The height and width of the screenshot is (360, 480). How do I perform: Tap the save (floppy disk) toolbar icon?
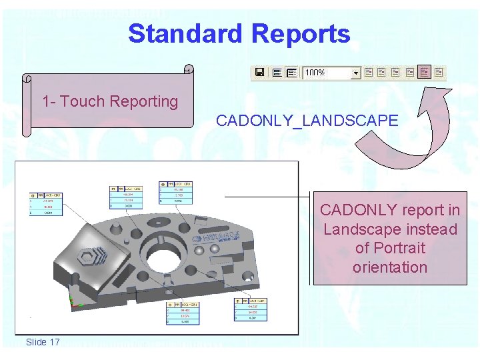pyautogui.click(x=260, y=72)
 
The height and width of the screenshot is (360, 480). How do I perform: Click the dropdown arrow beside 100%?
pyautogui.click(x=355, y=72)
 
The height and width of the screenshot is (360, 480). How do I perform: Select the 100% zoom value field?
pyautogui.click(x=327, y=72)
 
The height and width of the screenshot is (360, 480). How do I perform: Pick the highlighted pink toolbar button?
pyautogui.click(x=425, y=72)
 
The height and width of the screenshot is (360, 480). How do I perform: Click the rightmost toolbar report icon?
pyautogui.click(x=439, y=72)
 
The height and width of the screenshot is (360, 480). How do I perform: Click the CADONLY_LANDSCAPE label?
pyautogui.click(x=307, y=121)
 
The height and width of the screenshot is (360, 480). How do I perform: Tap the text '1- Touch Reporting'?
pyautogui.click(x=110, y=101)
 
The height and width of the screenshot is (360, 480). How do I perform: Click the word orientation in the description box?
pyautogui.click(x=390, y=267)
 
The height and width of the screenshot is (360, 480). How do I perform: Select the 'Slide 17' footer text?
pyautogui.click(x=43, y=342)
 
